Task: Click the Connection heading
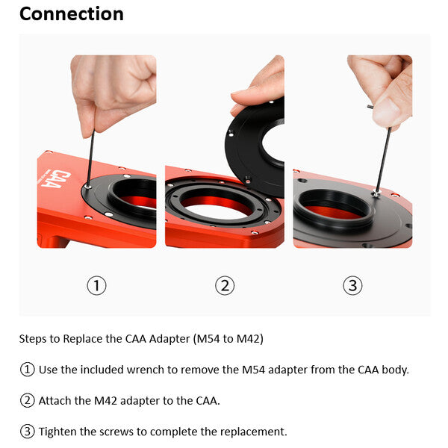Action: (x=71, y=14)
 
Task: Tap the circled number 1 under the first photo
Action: (x=96, y=285)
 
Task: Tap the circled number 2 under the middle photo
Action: (x=224, y=285)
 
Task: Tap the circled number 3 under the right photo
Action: (x=352, y=285)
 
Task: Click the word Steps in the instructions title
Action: (x=33, y=339)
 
